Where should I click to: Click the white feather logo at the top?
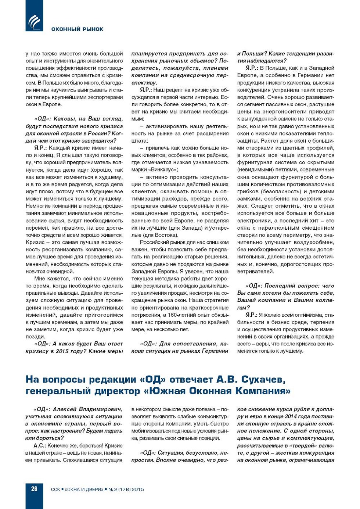34,22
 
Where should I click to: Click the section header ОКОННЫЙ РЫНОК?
77,29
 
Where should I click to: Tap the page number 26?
34,489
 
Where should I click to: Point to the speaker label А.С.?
40,445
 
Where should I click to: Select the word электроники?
254,221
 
